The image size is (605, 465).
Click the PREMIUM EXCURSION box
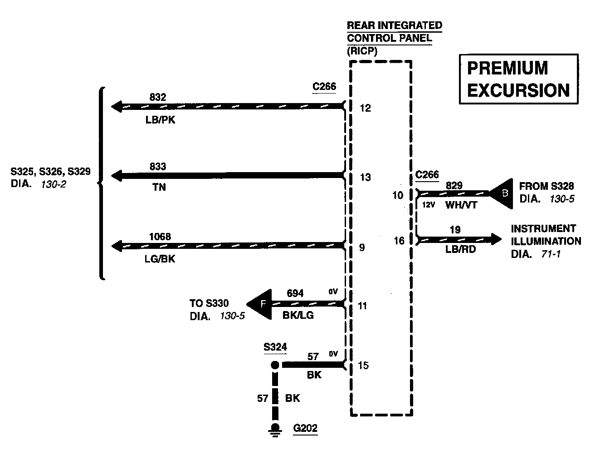point(519,79)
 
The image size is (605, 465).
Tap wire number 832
point(158,97)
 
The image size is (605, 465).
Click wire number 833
point(158,167)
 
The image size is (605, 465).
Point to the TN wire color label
point(159,188)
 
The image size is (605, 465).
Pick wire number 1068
point(160,237)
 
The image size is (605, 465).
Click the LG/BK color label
point(160,259)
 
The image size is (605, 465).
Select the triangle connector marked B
point(502,193)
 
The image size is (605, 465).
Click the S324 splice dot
point(274,365)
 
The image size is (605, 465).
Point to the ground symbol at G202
point(274,429)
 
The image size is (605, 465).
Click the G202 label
point(305,428)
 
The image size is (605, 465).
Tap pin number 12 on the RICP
point(365,108)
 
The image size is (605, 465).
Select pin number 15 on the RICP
point(364,365)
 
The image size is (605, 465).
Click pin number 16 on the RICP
point(399,240)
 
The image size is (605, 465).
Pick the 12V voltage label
point(429,205)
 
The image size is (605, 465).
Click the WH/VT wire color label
point(461,205)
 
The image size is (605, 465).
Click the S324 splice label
point(275,347)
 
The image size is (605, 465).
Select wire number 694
point(295,293)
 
